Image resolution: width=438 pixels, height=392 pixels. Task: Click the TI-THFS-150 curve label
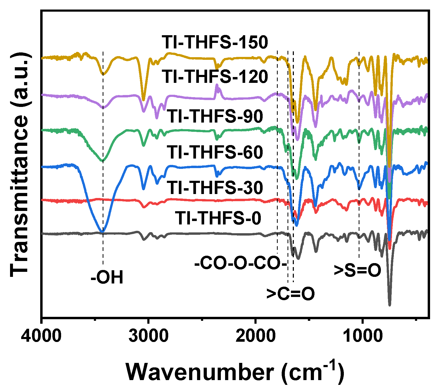tap(215, 42)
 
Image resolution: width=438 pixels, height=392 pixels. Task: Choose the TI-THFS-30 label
tap(215, 188)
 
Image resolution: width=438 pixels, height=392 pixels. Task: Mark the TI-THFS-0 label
tap(218, 218)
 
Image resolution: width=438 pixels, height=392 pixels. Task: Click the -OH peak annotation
tap(107, 278)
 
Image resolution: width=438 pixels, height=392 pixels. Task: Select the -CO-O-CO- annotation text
tap(240, 264)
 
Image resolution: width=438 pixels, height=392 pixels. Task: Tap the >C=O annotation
tap(290, 294)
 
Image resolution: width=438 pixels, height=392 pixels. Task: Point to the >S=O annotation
tap(357, 270)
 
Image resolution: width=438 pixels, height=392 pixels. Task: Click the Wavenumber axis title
tap(235, 372)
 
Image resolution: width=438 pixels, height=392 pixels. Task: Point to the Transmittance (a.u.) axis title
tap(20, 164)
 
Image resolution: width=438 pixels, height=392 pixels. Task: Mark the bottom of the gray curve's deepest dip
tap(389, 305)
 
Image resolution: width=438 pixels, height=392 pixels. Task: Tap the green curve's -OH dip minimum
tap(103, 161)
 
